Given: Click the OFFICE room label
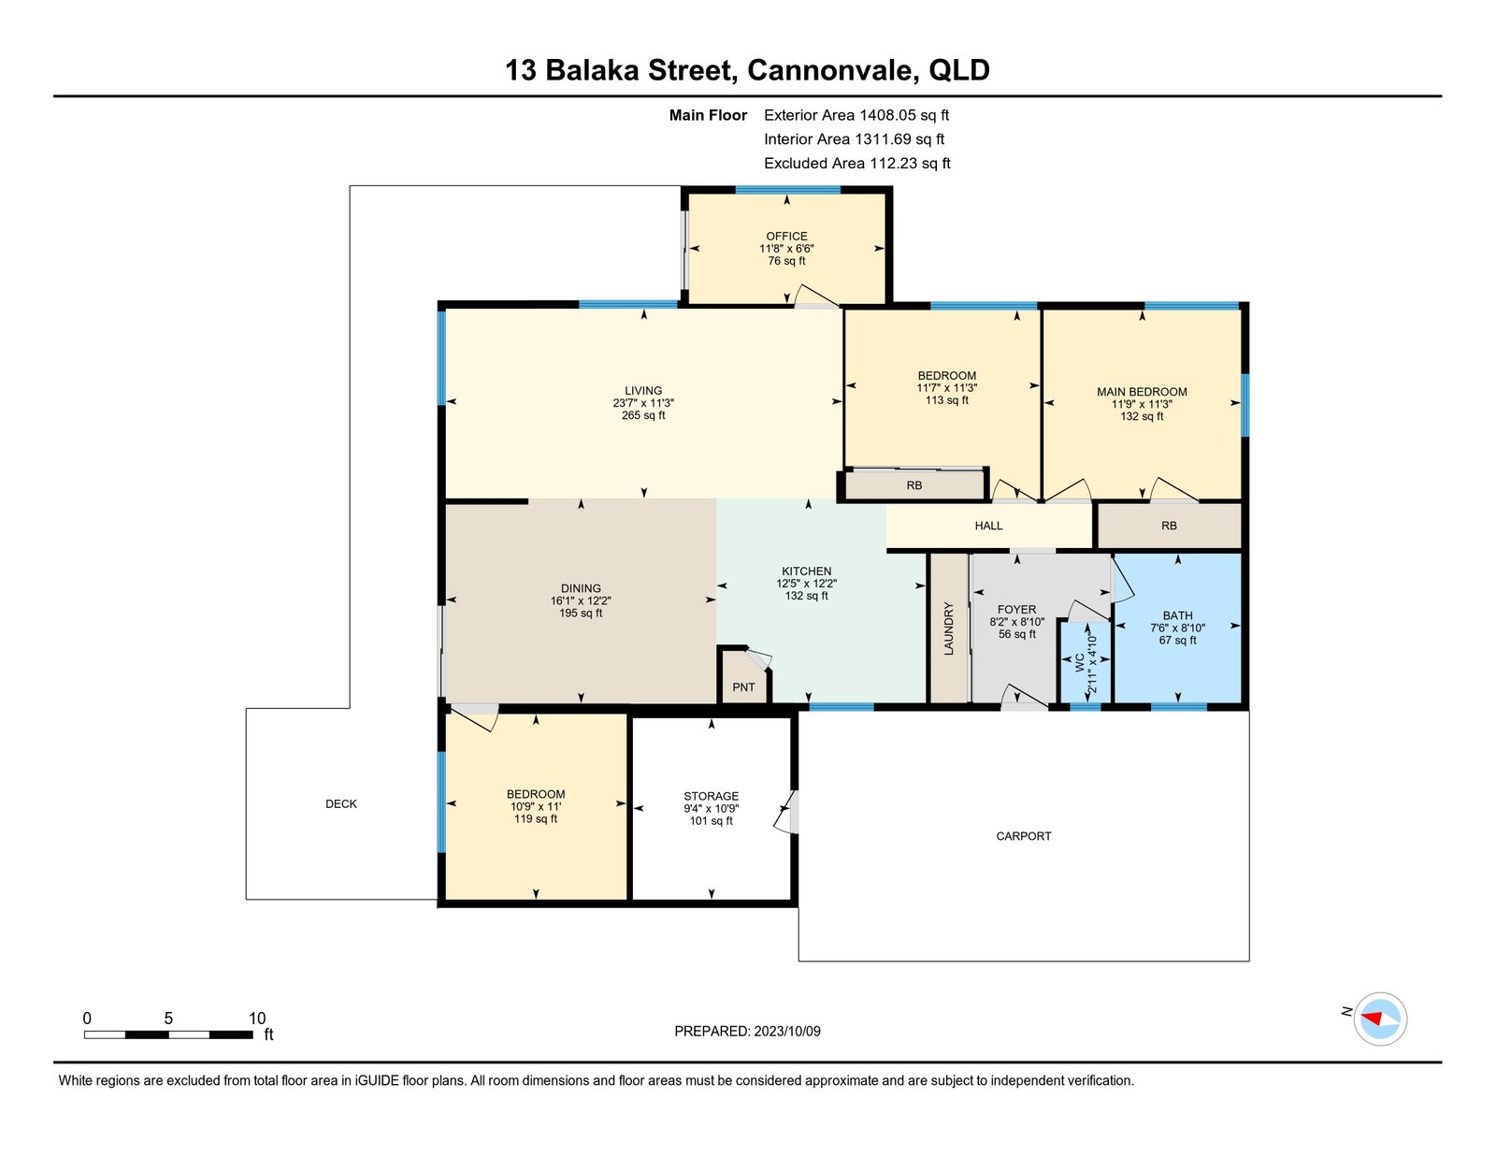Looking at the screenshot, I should (786, 237).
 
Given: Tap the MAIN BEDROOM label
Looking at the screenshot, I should (1142, 392).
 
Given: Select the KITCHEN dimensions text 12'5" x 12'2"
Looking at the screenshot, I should (806, 584).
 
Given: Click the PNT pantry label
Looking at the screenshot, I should (743, 687).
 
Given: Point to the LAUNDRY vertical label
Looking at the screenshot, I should (949, 629).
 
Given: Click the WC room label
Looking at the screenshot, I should (1080, 663).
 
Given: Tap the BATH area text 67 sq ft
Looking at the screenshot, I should (1177, 641).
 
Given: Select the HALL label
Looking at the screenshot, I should (988, 526).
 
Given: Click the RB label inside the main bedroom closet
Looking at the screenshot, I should (1169, 526).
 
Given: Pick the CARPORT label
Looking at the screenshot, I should (1024, 836).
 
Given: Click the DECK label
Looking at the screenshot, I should (341, 803).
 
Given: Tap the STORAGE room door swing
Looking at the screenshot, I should (786, 811).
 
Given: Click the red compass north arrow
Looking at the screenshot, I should (1373, 1017).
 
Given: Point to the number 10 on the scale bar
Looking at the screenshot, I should (257, 1019).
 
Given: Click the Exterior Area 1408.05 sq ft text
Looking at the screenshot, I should (856, 115).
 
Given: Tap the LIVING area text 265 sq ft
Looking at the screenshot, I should (643, 415).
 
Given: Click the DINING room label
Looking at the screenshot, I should (581, 589).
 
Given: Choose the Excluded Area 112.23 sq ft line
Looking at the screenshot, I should (856, 163).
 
